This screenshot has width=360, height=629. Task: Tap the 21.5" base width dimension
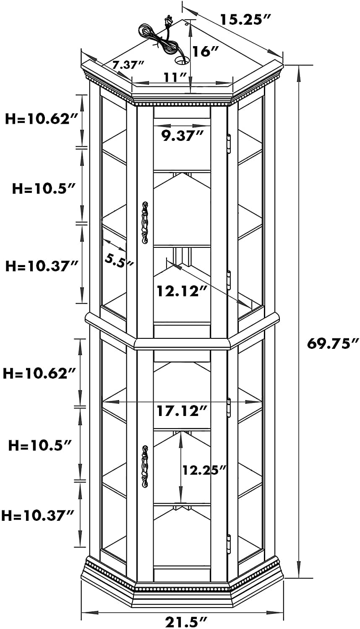186,621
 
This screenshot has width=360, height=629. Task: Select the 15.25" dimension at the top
245,20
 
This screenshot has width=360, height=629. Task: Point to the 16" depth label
206,52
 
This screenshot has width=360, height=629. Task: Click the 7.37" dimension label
128,65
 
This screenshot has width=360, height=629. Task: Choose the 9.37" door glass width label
182,136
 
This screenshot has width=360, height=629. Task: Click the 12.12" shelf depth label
182,291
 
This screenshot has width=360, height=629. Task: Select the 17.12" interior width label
182,411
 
